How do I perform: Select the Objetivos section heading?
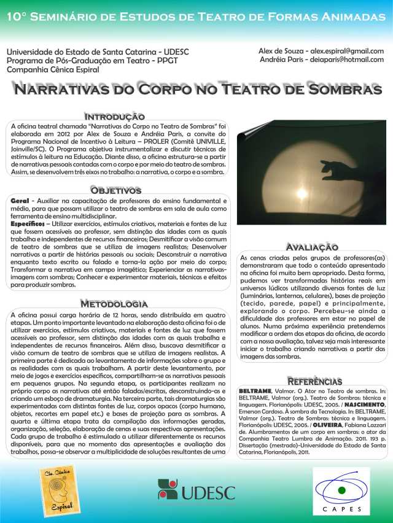point(116,191)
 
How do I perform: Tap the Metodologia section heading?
point(114,304)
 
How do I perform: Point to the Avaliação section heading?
point(313,246)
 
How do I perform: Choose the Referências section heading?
point(314,381)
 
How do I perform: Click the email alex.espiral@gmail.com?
point(347,51)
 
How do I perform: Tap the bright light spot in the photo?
point(302,194)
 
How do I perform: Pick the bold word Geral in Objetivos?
point(22,201)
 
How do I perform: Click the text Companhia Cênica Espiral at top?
point(53,69)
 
